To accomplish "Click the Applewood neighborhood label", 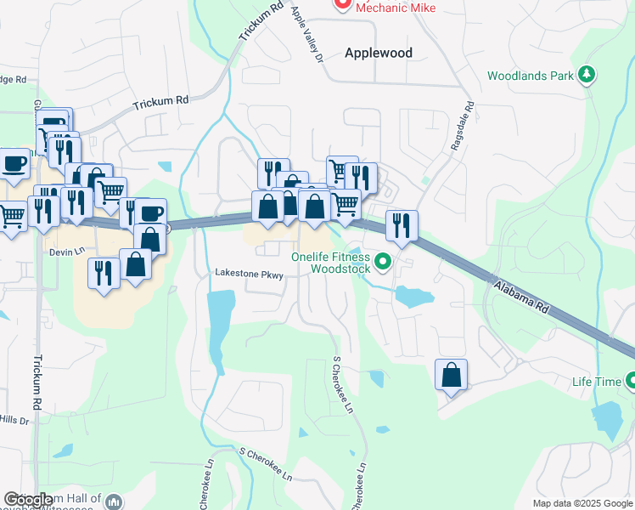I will tap(379, 53).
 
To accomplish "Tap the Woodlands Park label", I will tap(531, 76).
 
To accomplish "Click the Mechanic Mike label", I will tap(396, 7).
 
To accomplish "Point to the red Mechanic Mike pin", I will tap(343, 4).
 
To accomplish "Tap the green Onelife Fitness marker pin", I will tap(383, 262).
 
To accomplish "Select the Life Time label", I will tap(596, 382).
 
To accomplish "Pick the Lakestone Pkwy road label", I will tap(248, 274).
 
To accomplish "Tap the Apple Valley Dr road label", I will tap(307, 35).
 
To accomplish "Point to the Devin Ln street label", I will tap(68, 252).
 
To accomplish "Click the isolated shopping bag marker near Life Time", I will tap(452, 375).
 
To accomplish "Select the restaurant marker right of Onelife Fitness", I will tap(402, 225).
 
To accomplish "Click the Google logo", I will tap(28, 500).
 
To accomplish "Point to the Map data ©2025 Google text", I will tap(582, 503).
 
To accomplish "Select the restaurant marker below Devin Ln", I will tap(104, 274).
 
